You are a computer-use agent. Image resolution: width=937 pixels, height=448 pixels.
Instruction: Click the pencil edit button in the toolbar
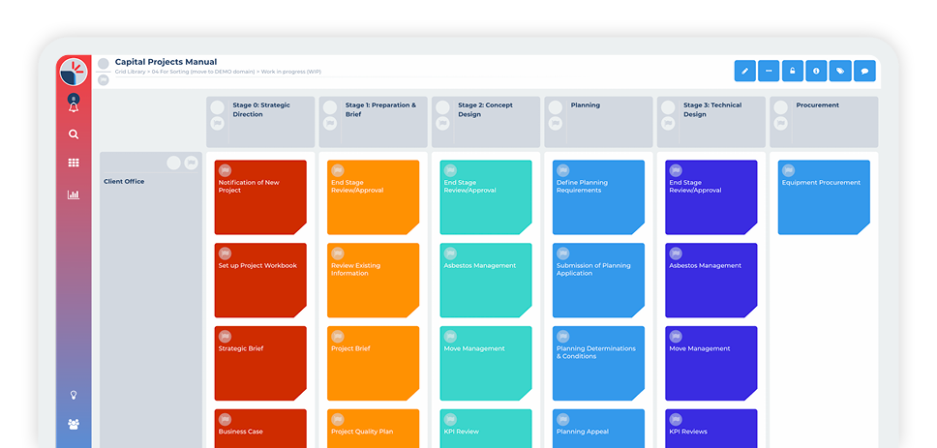point(744,71)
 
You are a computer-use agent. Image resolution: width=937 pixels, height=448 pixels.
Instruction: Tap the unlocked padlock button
point(792,71)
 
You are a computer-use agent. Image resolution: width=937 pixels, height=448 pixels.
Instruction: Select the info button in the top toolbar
point(816,71)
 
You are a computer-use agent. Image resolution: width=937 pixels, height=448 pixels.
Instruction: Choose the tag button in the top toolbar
point(840,71)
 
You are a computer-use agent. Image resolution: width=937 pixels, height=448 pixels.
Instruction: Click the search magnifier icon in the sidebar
point(74,134)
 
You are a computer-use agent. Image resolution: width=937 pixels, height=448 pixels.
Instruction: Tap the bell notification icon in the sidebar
point(74,106)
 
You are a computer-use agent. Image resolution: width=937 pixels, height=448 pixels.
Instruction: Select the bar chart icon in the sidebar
point(74,194)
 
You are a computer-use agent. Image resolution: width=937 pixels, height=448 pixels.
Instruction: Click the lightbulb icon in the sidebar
point(74,395)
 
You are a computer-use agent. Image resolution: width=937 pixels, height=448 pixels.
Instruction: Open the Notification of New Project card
point(260,197)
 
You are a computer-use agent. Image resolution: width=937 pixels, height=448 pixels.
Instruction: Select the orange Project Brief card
point(373,363)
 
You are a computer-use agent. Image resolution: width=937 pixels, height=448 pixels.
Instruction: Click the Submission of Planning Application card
point(598,280)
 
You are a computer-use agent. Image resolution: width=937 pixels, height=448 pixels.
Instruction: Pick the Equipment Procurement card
point(824,197)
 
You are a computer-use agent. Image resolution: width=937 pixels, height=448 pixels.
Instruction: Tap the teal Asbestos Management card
point(486,280)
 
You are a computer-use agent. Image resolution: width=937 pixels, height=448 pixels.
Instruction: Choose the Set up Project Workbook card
point(260,280)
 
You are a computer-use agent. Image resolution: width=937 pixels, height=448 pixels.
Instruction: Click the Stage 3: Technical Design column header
point(710,109)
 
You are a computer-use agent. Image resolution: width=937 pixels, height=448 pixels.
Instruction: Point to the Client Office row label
point(124,181)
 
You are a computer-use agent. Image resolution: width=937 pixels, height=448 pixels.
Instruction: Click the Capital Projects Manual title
point(166,62)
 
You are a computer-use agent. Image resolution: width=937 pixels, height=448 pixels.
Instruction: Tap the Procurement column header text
point(818,105)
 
